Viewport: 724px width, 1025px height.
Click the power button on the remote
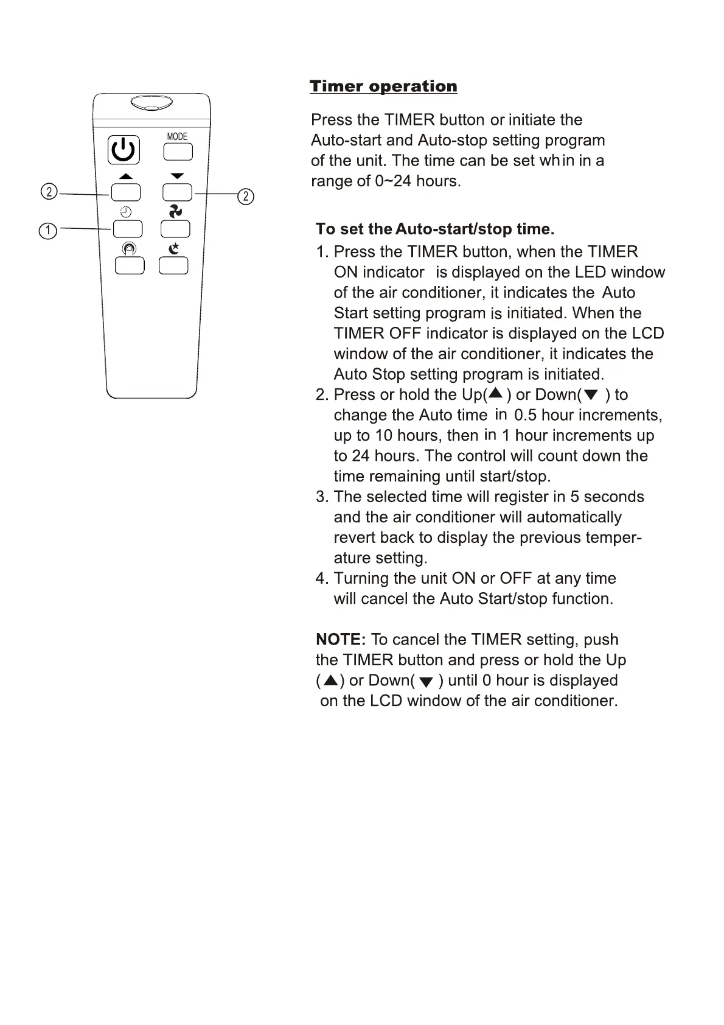[x=124, y=150]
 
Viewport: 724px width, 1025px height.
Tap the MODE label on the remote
[x=177, y=136]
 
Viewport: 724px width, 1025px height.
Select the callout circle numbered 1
[x=47, y=231]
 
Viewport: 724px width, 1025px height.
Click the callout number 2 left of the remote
[x=49, y=192]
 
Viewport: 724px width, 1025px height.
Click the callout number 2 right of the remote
[x=245, y=196]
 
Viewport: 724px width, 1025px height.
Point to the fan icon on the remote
[x=175, y=211]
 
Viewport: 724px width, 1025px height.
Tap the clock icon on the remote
[x=126, y=212]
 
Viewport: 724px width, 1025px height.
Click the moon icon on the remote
[x=174, y=248]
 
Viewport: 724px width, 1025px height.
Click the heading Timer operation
[x=383, y=86]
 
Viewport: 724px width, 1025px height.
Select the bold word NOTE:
[x=341, y=640]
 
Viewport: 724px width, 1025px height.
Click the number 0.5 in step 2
[x=525, y=416]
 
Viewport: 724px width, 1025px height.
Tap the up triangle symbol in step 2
[x=496, y=394]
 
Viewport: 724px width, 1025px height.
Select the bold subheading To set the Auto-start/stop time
[x=435, y=229]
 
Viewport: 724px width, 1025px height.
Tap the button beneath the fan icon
[x=175, y=229]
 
